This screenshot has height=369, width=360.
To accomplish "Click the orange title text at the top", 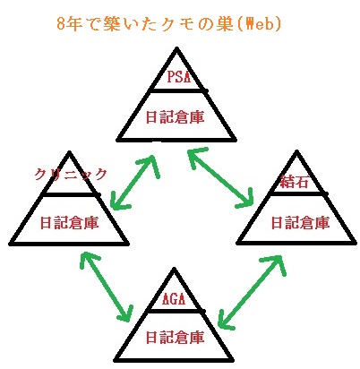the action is coord(169,24).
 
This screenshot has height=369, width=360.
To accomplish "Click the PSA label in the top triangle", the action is coord(178,76).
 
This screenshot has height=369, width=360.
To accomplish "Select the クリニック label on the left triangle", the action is coord(71,174).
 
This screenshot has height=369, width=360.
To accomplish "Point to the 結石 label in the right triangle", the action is coord(295,182).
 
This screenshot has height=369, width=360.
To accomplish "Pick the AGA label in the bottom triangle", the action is coord(174,298).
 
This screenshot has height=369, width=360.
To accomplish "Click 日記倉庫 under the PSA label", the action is coord(176,117).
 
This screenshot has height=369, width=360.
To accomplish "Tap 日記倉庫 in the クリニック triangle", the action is coord(69,223).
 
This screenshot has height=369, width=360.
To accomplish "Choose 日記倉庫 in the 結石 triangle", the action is coord(300,223).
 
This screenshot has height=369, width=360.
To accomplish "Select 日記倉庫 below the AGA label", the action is coord(176,338).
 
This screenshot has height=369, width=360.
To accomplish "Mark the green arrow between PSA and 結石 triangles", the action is coord(220,177).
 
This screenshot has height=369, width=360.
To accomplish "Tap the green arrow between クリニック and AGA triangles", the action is coord(107,287).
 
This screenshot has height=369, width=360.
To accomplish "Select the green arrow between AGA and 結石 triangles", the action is coord(252,292).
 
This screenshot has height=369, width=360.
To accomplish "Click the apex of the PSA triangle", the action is coord(176,48).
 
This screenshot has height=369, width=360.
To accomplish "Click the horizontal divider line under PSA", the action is coord(178,90).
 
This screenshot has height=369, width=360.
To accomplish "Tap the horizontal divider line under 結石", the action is coord(298,194).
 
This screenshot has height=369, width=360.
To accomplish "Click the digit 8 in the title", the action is coord(61,24).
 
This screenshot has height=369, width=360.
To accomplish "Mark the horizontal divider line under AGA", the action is coord(176,311).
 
